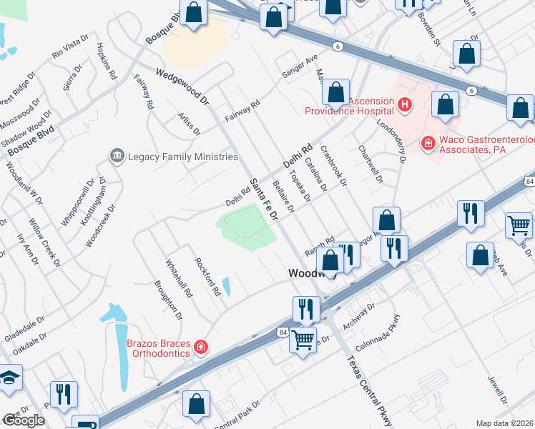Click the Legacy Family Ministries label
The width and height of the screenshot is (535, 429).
[182, 157]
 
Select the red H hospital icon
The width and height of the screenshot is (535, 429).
[405, 106]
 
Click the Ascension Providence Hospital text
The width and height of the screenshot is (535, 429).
[349, 106]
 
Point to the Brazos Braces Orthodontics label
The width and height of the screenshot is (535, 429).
[159, 348]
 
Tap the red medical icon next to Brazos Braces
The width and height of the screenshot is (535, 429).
[201, 347]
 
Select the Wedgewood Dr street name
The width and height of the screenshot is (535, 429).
[182, 84]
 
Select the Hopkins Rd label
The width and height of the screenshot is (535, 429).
[105, 64]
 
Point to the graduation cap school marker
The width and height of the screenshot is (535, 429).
[9, 379]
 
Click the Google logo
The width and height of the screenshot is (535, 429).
[24, 420]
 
